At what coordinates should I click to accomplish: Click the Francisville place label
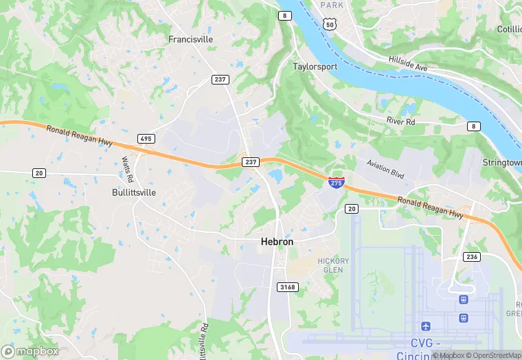[x=190, y=39]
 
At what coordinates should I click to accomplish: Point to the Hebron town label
[x=277, y=242]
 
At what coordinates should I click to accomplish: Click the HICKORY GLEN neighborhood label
[x=333, y=265]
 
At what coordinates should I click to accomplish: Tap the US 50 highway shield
[x=330, y=24]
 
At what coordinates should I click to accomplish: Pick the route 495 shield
[x=145, y=139]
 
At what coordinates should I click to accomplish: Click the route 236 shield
[x=471, y=256]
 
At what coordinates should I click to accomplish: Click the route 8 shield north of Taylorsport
[x=284, y=15]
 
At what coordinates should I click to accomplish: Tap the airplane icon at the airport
[x=427, y=325]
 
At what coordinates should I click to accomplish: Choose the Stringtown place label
[x=503, y=162]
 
